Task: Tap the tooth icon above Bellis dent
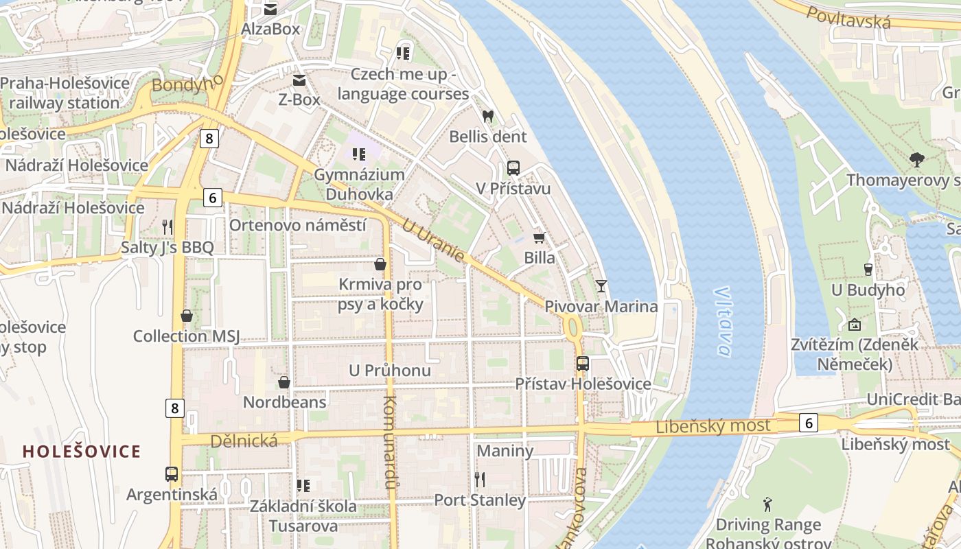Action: (488, 117)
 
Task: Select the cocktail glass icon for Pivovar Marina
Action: (601, 285)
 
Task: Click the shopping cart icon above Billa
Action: (539, 237)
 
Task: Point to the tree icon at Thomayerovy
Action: (916, 160)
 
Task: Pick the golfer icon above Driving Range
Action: (767, 505)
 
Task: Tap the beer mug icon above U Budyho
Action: (868, 269)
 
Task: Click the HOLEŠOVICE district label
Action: (82, 451)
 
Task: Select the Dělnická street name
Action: (244, 441)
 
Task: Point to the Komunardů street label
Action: (389, 443)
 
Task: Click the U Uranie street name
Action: (433, 241)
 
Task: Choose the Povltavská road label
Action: (848, 17)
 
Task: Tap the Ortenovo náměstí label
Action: (297, 225)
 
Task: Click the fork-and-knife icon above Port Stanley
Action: (480, 479)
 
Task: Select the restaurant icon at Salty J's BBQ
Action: (167, 226)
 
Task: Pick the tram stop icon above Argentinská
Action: (172, 474)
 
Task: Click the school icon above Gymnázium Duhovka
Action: (358, 154)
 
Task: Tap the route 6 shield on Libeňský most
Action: (808, 423)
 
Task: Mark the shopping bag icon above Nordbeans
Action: (283, 382)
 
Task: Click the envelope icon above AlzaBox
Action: (270, 9)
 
